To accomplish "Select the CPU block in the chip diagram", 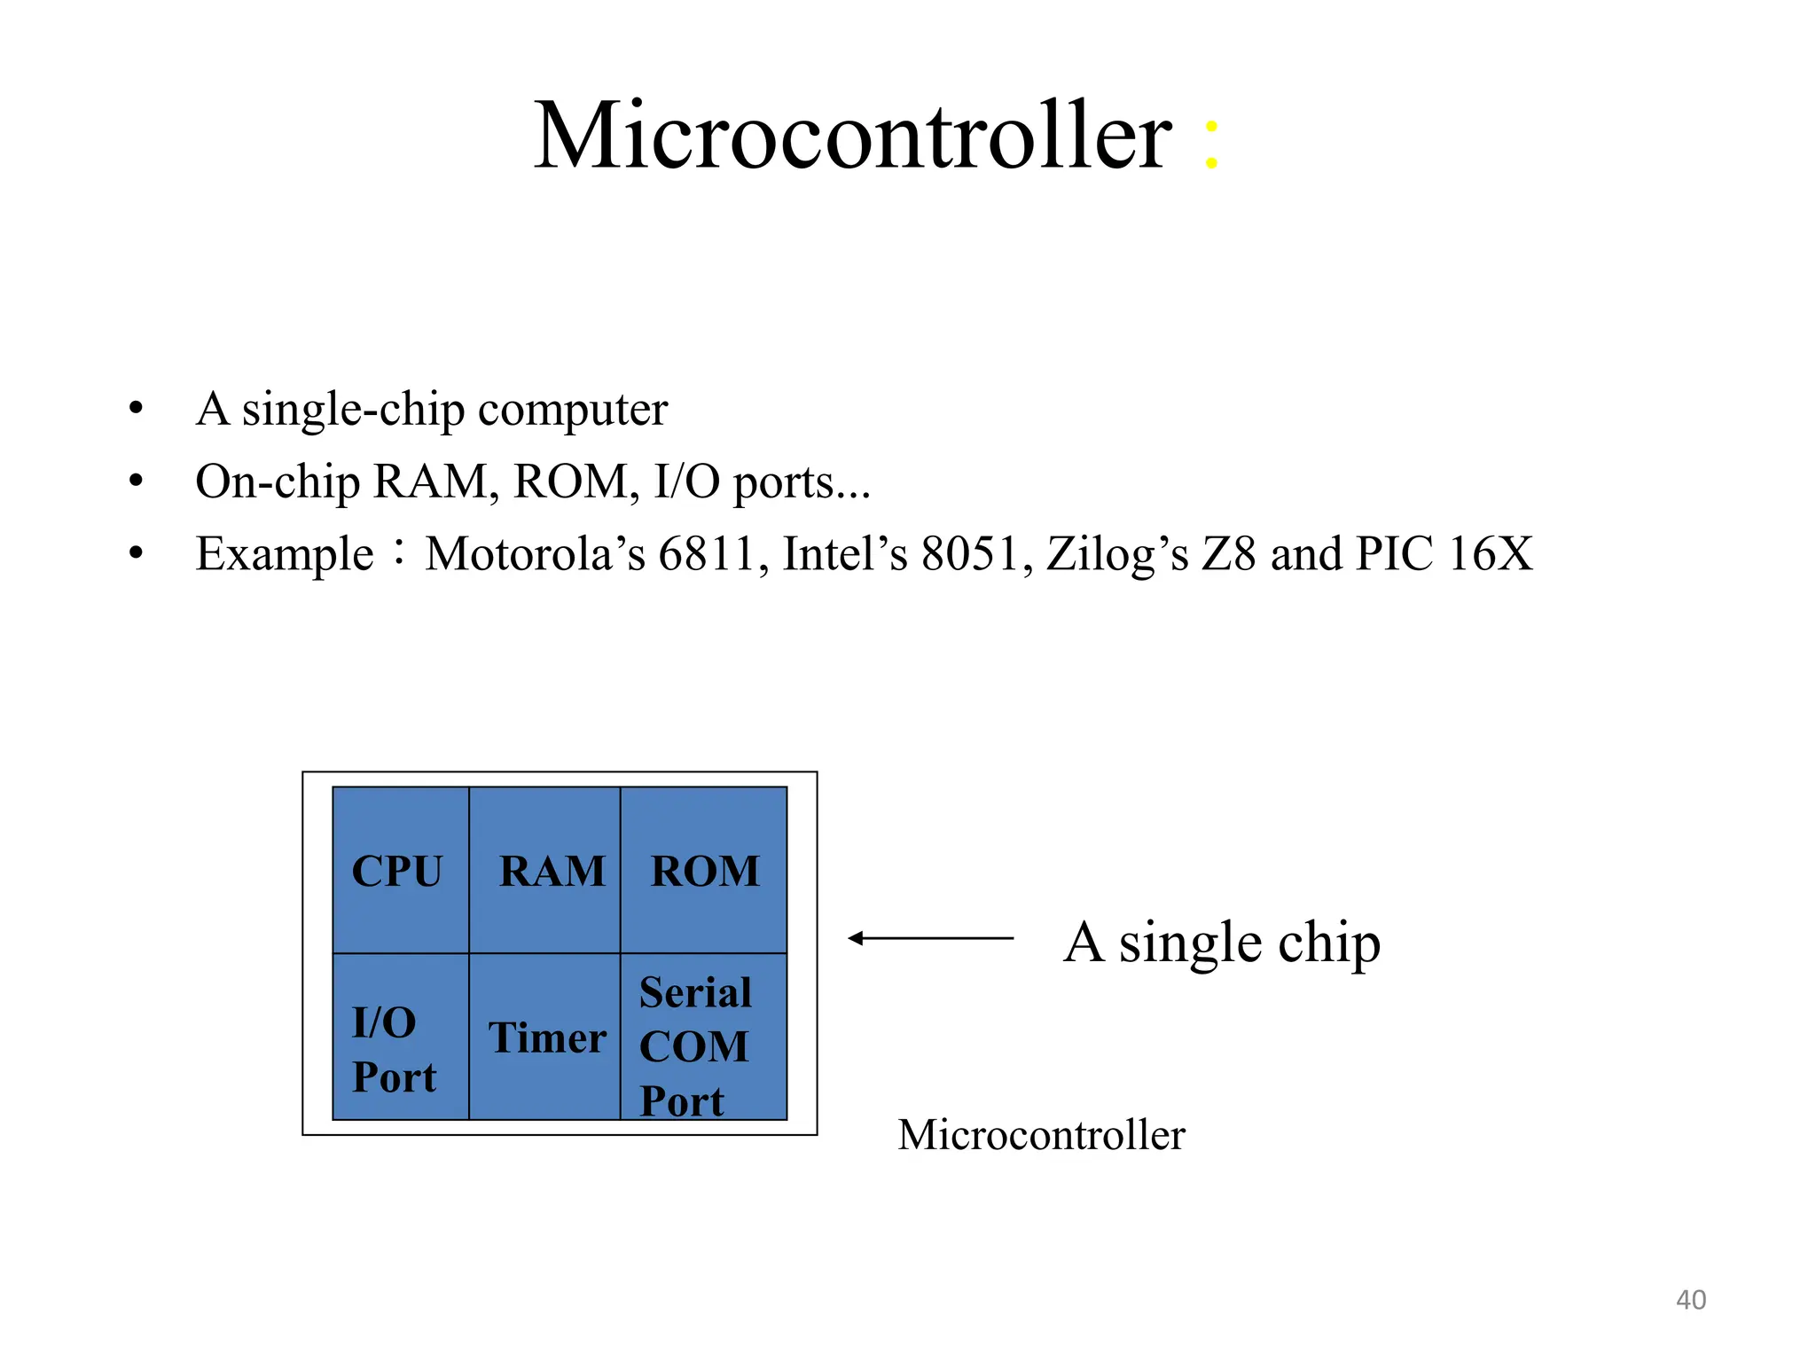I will tap(401, 870).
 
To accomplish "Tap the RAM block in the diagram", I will tap(544, 870).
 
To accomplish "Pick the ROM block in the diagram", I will tap(704, 870).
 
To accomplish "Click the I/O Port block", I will tap(401, 1037).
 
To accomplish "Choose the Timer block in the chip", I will tap(544, 1037).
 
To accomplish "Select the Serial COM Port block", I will tap(704, 1037).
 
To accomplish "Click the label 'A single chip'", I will tap(1222, 942).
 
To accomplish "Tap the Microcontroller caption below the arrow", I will tap(1041, 1135).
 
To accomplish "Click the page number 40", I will tap(1690, 1300).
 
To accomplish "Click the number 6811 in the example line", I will tap(706, 554).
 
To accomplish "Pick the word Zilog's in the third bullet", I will tap(1117, 554).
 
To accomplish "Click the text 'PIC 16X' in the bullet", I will tap(1444, 554).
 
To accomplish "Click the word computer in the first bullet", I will tap(572, 411).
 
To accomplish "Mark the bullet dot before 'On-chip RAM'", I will tap(136, 481).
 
